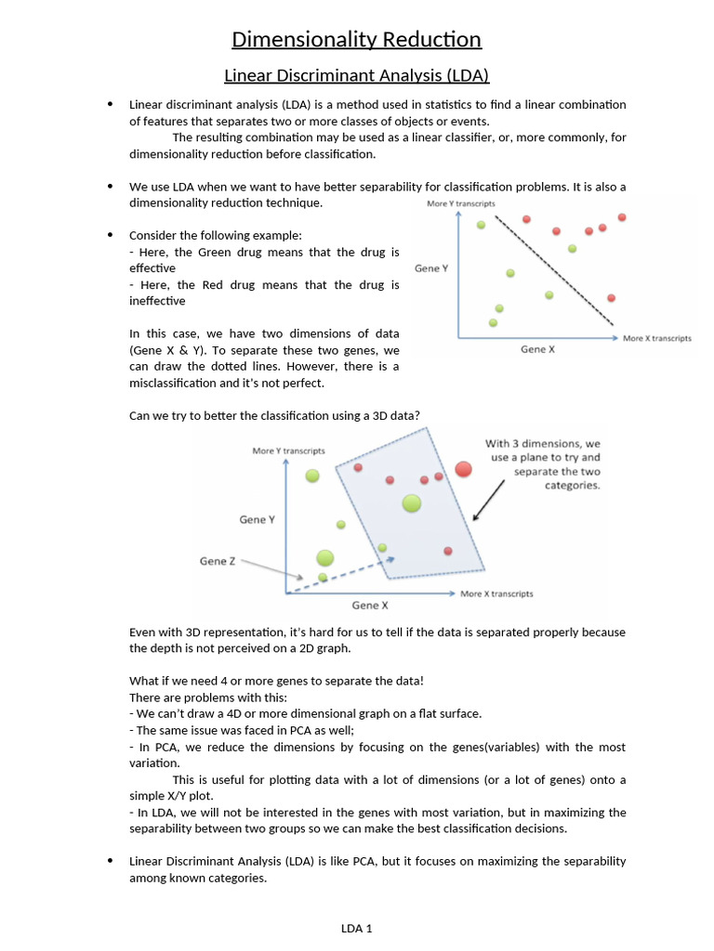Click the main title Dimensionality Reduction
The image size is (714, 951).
[356, 39]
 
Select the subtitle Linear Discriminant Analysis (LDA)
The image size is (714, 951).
[356, 75]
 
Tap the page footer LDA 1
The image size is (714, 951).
[356, 927]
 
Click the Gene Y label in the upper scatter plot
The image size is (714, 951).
[431, 268]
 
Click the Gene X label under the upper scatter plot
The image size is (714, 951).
[538, 350]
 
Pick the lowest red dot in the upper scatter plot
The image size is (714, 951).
[611, 298]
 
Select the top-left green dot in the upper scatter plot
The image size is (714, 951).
[481, 225]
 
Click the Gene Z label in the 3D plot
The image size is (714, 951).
[218, 561]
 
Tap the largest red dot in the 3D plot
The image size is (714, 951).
[464, 470]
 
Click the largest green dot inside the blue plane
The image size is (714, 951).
[411, 503]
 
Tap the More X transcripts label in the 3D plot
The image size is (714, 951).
[496, 594]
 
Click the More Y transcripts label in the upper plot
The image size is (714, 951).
[461, 203]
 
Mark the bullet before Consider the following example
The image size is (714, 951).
[112, 235]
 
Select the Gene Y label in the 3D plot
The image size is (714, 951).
[257, 520]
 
